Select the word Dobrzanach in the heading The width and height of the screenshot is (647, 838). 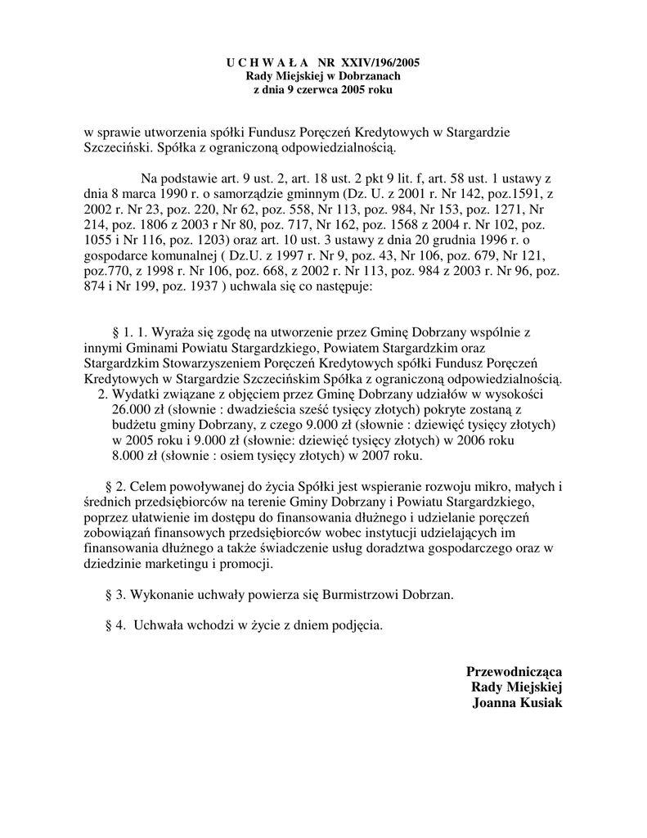(x=365, y=75)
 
